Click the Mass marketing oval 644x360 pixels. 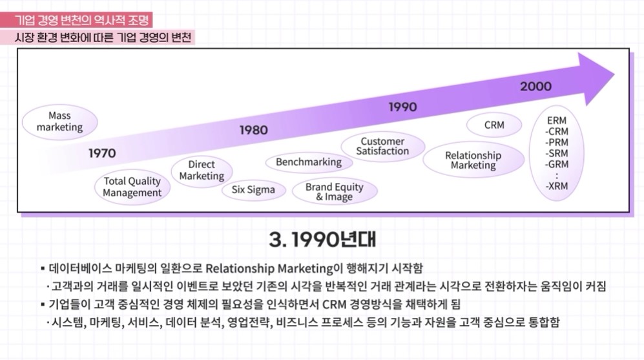pos(59,122)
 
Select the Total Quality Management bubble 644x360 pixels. pos(132,187)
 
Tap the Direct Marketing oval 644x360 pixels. pos(202,171)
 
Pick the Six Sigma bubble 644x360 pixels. pos(253,190)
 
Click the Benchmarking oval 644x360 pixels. pos(309,162)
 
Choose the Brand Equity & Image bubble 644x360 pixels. pos(335,192)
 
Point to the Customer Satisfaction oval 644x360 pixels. pos(382,147)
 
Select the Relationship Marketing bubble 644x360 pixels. pos(473,160)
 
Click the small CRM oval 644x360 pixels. pos(494,125)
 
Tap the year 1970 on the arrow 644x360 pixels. pos(102,153)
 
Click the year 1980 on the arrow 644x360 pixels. pos(253,131)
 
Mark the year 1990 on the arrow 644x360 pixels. pos(402,107)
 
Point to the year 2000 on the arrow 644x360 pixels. pos(535,87)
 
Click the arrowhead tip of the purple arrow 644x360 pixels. pos(614,75)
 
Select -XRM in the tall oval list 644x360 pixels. pos(557,186)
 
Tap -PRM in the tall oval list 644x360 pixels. pos(557,143)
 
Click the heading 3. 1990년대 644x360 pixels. pos(322,240)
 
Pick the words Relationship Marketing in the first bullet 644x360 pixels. pos(269,268)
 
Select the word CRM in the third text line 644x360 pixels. pos(335,304)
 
